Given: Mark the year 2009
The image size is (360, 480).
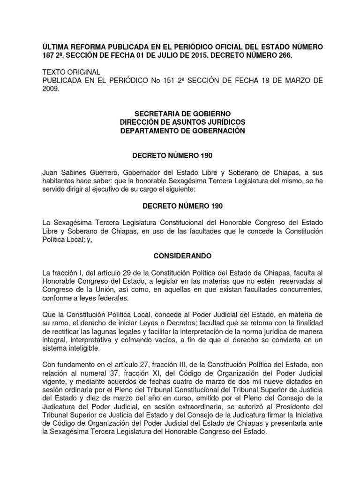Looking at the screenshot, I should point(50,89).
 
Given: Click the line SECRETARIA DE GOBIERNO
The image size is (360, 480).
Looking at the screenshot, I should point(182,114).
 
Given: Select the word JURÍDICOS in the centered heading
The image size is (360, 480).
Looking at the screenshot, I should point(223,123).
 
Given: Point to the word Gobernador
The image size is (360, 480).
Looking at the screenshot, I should point(134,173).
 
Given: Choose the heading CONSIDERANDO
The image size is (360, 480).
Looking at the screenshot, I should point(182,256).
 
